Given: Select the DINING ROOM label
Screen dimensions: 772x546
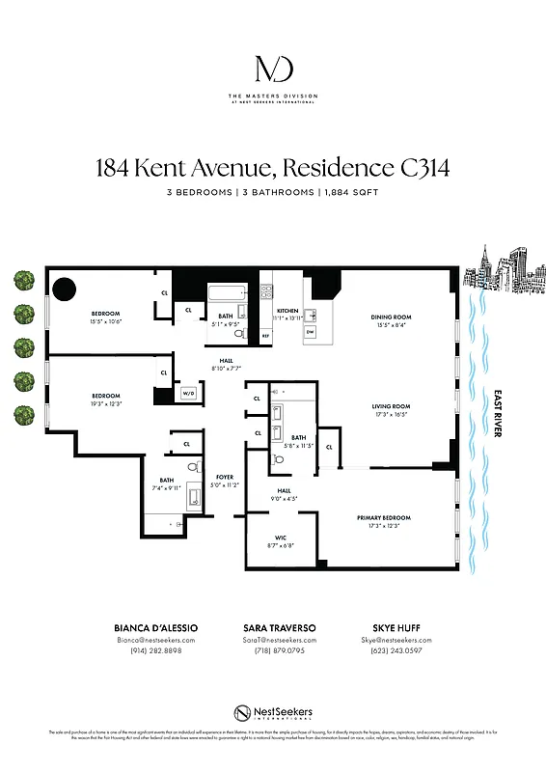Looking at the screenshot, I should (x=392, y=317).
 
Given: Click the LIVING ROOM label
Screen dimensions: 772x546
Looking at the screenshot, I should (x=392, y=406).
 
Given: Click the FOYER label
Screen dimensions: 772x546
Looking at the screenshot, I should (x=224, y=476).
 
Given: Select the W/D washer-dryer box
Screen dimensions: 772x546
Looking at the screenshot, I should (x=188, y=394).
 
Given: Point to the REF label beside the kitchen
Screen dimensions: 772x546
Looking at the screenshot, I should (x=265, y=336).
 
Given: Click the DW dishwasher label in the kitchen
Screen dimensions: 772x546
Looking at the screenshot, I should (x=311, y=332).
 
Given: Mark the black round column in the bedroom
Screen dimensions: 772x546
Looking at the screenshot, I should (x=65, y=289).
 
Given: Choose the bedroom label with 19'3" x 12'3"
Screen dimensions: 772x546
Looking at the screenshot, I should (x=105, y=396).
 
